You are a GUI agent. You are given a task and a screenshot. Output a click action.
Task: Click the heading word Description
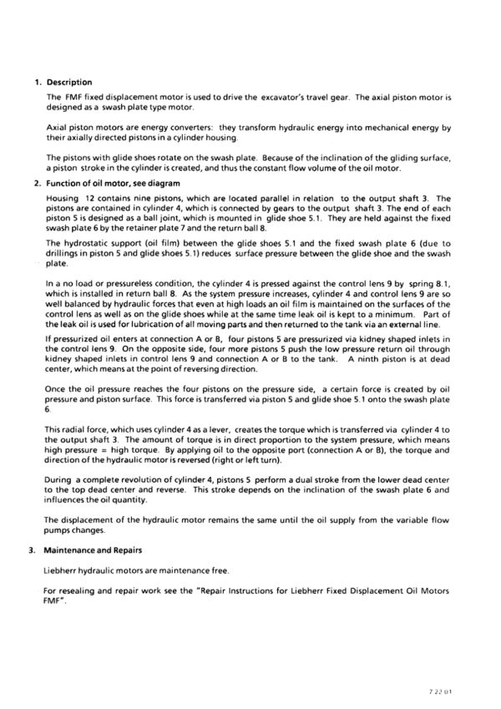click(69, 82)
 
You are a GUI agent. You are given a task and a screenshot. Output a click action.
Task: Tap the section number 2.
click(37, 183)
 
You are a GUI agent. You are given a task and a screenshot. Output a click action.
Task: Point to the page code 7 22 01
click(448, 691)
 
